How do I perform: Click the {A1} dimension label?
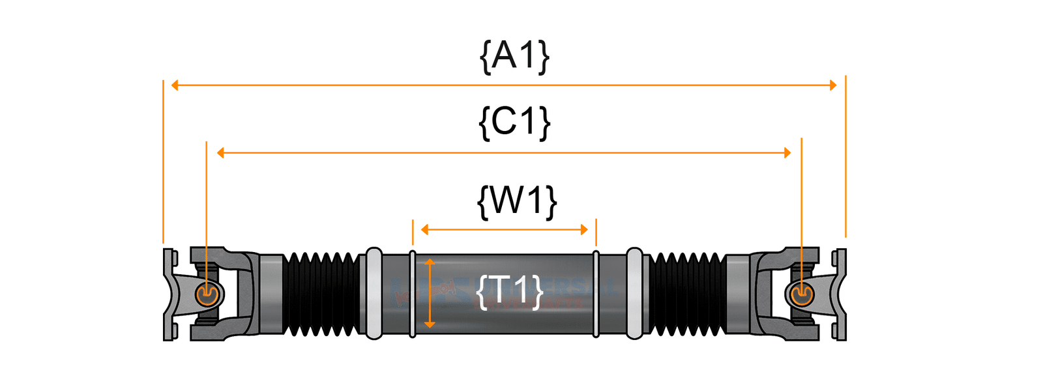(x=514, y=56)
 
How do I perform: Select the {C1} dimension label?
(x=514, y=122)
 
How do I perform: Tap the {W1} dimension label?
(x=517, y=201)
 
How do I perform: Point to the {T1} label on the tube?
(x=510, y=291)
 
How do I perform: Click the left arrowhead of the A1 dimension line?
(x=175, y=85)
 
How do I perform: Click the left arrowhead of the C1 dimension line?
(x=220, y=153)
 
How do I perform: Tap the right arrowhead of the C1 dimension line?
(x=787, y=153)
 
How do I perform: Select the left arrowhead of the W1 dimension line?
(x=425, y=229)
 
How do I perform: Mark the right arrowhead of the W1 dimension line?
(x=584, y=229)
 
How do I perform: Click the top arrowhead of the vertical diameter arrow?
(x=430, y=262)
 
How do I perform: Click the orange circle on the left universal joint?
(x=207, y=295)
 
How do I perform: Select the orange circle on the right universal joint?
(x=801, y=294)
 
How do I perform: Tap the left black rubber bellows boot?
(x=321, y=294)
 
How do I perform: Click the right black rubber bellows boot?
(x=687, y=294)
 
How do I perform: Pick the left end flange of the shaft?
(x=169, y=294)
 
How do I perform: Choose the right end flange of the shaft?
(x=840, y=294)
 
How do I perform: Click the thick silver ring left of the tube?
(x=374, y=294)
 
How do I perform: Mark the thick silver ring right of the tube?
(x=634, y=294)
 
